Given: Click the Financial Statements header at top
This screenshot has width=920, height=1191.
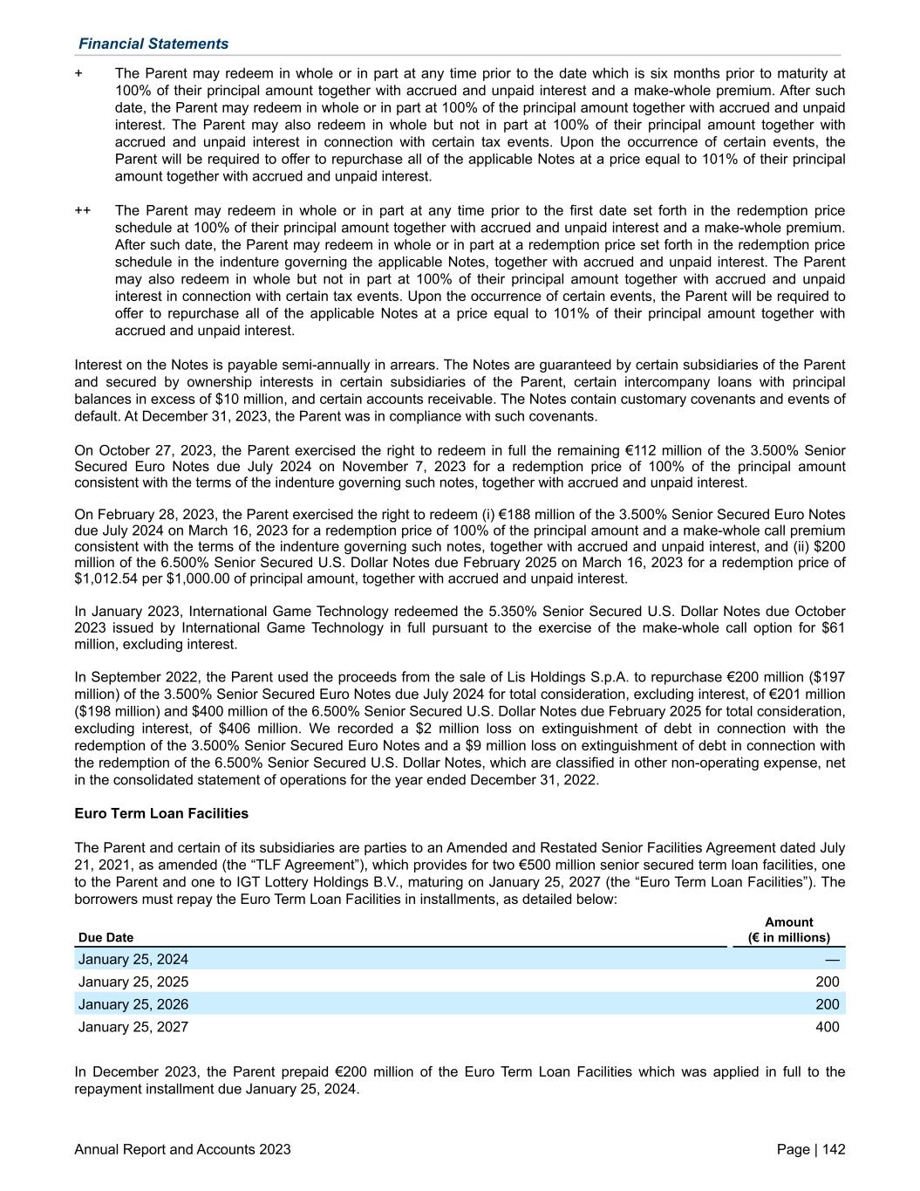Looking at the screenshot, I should click(x=153, y=44).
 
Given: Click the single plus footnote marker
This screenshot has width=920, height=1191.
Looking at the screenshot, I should click(x=79, y=74).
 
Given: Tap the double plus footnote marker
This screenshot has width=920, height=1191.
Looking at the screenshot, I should click(x=83, y=211).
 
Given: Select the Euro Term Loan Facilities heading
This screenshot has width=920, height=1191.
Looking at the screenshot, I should click(x=161, y=813).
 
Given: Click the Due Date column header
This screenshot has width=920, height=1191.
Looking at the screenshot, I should click(x=106, y=937).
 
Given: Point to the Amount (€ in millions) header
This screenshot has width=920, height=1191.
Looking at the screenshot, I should click(x=788, y=930).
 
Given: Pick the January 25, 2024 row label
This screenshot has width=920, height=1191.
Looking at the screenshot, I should click(x=133, y=960).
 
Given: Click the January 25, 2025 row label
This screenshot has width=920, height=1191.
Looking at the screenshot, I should click(x=133, y=982).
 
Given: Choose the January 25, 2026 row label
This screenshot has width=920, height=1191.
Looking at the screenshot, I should click(x=133, y=1004).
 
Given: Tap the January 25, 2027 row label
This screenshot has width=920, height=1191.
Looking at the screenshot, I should click(x=133, y=1027).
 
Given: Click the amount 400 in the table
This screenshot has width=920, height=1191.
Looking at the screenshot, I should click(x=827, y=1027).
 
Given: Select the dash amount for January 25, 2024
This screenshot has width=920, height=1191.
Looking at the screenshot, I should click(x=832, y=960).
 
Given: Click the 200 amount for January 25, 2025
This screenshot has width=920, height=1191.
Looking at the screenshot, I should click(x=827, y=982).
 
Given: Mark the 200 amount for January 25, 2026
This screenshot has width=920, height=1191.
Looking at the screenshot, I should click(x=827, y=1004).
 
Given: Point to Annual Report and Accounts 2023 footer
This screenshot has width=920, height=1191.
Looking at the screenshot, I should click(x=183, y=1150).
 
